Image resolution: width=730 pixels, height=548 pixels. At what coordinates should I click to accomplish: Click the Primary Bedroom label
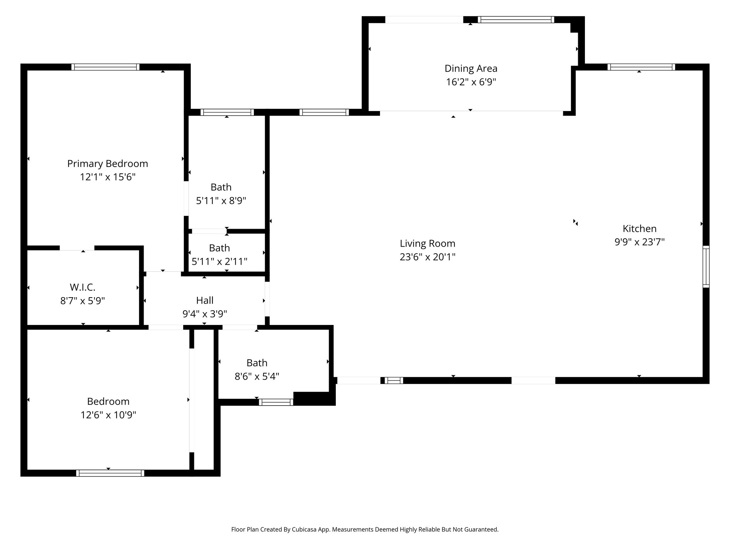tap(107, 163)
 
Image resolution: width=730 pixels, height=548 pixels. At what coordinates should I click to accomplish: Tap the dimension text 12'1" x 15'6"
tap(107, 177)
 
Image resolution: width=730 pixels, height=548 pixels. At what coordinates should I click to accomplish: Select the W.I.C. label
tap(82, 287)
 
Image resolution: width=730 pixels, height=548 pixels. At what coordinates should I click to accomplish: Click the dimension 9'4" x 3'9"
tap(205, 314)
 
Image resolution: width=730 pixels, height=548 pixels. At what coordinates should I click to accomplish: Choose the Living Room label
tap(427, 243)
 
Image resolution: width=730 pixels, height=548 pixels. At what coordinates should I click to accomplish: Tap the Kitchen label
tap(639, 228)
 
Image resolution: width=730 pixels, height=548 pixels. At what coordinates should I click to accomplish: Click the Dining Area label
tap(471, 68)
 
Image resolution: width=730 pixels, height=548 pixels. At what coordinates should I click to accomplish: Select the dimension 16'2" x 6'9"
tap(471, 82)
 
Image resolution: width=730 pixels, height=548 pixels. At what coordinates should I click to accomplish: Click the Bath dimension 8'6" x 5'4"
tap(257, 376)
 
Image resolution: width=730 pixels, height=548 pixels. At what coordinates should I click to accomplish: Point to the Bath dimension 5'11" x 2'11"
tap(219, 262)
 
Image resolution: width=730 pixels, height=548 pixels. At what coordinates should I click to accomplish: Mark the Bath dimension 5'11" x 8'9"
tap(221, 201)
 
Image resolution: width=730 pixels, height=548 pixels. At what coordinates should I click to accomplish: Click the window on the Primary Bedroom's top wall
tap(105, 67)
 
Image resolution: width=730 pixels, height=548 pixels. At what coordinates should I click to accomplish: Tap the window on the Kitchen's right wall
tap(706, 267)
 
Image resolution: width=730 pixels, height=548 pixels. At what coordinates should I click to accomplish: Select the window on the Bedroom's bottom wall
tap(110, 473)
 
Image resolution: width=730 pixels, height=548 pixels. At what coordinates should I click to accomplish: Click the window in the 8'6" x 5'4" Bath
tap(276, 402)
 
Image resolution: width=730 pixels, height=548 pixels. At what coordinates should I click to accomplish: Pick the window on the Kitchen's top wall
tap(641, 67)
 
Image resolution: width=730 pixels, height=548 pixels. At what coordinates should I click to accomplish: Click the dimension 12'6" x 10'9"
tap(108, 415)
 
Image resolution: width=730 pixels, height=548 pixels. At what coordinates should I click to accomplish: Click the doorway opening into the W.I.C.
tap(77, 248)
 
